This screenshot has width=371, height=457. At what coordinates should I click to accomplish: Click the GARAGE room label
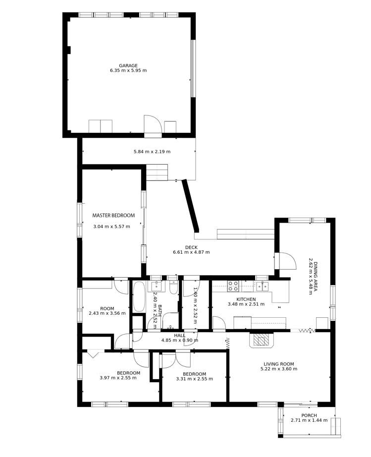(128, 65)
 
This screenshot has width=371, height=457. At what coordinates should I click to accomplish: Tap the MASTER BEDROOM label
(113, 216)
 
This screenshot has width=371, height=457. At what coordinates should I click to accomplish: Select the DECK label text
(191, 247)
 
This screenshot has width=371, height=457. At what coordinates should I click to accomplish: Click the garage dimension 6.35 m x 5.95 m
(128, 70)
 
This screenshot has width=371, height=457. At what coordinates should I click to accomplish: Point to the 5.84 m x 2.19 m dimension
(152, 152)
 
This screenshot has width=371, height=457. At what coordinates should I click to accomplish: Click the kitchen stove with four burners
(233, 286)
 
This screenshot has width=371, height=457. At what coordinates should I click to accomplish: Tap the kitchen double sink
(262, 286)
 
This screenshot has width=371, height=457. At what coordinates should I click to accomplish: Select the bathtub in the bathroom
(139, 296)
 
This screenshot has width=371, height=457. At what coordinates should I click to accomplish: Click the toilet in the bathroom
(173, 287)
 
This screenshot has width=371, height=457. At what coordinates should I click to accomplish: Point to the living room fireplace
(261, 340)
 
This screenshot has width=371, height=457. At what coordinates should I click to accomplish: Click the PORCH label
(309, 415)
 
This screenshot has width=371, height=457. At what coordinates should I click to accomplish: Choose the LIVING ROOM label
(279, 364)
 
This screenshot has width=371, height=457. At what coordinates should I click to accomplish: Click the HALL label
(180, 336)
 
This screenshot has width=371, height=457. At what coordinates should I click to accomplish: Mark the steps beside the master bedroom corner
(157, 172)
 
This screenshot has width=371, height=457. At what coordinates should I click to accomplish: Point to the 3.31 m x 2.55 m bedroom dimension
(195, 379)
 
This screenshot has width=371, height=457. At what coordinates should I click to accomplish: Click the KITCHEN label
(246, 299)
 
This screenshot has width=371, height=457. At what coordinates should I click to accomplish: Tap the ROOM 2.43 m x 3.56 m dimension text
(107, 313)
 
